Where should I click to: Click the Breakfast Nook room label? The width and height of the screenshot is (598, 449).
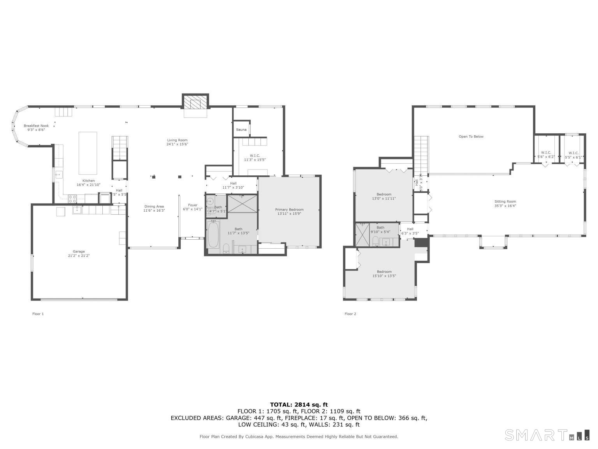[36, 126]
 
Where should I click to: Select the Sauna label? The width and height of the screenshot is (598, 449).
[241, 129]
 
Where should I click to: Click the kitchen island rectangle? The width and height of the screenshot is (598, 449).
[88, 153]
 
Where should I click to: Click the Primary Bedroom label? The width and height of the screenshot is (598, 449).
[289, 209]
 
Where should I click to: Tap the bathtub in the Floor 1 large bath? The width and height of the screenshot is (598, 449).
[213, 234]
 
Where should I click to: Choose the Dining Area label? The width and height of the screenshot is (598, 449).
[154, 207]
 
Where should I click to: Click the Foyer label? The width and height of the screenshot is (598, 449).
[193, 205]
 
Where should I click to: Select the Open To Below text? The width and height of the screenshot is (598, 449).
[471, 137]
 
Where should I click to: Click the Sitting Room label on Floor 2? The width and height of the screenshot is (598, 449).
[505, 202]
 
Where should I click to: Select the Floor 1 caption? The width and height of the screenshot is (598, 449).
[38, 314]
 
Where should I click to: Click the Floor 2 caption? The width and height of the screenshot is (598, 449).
[350, 314]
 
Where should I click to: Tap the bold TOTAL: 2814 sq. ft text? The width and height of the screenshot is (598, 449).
[299, 405]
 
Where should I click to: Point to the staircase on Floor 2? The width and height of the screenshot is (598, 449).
[421, 154]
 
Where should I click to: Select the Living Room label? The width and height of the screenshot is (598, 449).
[177, 140]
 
